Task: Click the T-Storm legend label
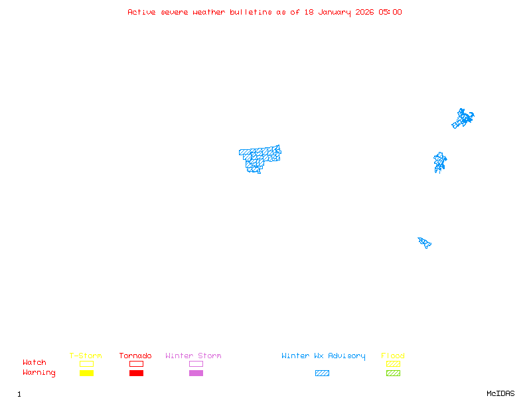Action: click(86, 356)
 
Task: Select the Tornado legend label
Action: click(135, 356)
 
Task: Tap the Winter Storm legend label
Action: click(193, 356)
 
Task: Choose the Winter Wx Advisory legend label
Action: click(323, 356)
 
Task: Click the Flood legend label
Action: click(393, 356)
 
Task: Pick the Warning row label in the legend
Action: click(39, 373)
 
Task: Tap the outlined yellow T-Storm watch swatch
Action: click(86, 364)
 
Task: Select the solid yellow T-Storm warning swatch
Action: click(86, 373)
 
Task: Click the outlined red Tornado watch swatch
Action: click(136, 364)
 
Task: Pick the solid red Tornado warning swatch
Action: click(136, 373)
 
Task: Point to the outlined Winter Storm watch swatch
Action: click(196, 364)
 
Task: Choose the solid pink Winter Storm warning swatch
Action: click(196, 373)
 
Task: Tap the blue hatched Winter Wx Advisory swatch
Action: click(322, 373)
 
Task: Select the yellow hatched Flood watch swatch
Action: click(393, 364)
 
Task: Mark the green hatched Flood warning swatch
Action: click(393, 373)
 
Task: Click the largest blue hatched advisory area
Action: click(259, 158)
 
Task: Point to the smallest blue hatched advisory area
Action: click(425, 242)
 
